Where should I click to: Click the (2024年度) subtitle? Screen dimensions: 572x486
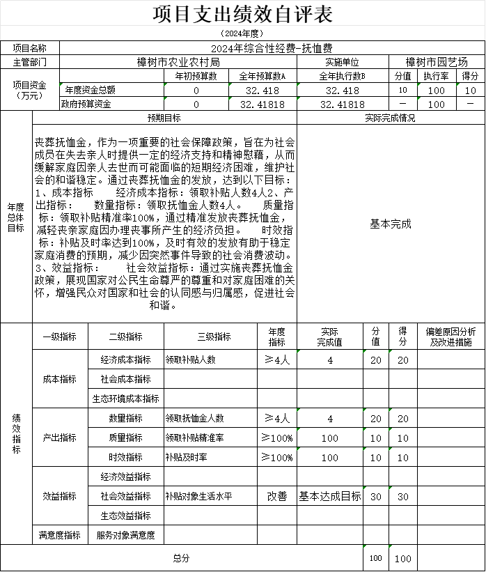[x=242, y=33]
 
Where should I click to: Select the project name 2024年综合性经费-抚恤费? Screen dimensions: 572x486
[x=272, y=48]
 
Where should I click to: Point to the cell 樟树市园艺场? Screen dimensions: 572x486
[x=437, y=62]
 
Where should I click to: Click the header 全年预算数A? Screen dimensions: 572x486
[x=262, y=76]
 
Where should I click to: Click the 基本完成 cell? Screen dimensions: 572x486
[x=390, y=224]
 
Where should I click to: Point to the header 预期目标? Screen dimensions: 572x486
[x=164, y=118]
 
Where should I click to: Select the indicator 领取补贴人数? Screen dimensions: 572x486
[x=190, y=360]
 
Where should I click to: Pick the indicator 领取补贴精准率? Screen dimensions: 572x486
[x=194, y=438]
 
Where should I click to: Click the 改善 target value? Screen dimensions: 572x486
[x=276, y=497]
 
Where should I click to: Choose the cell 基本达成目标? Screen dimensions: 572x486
[x=330, y=497]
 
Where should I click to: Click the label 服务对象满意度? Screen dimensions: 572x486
[x=125, y=535]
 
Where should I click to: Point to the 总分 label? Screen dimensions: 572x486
[x=181, y=558]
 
